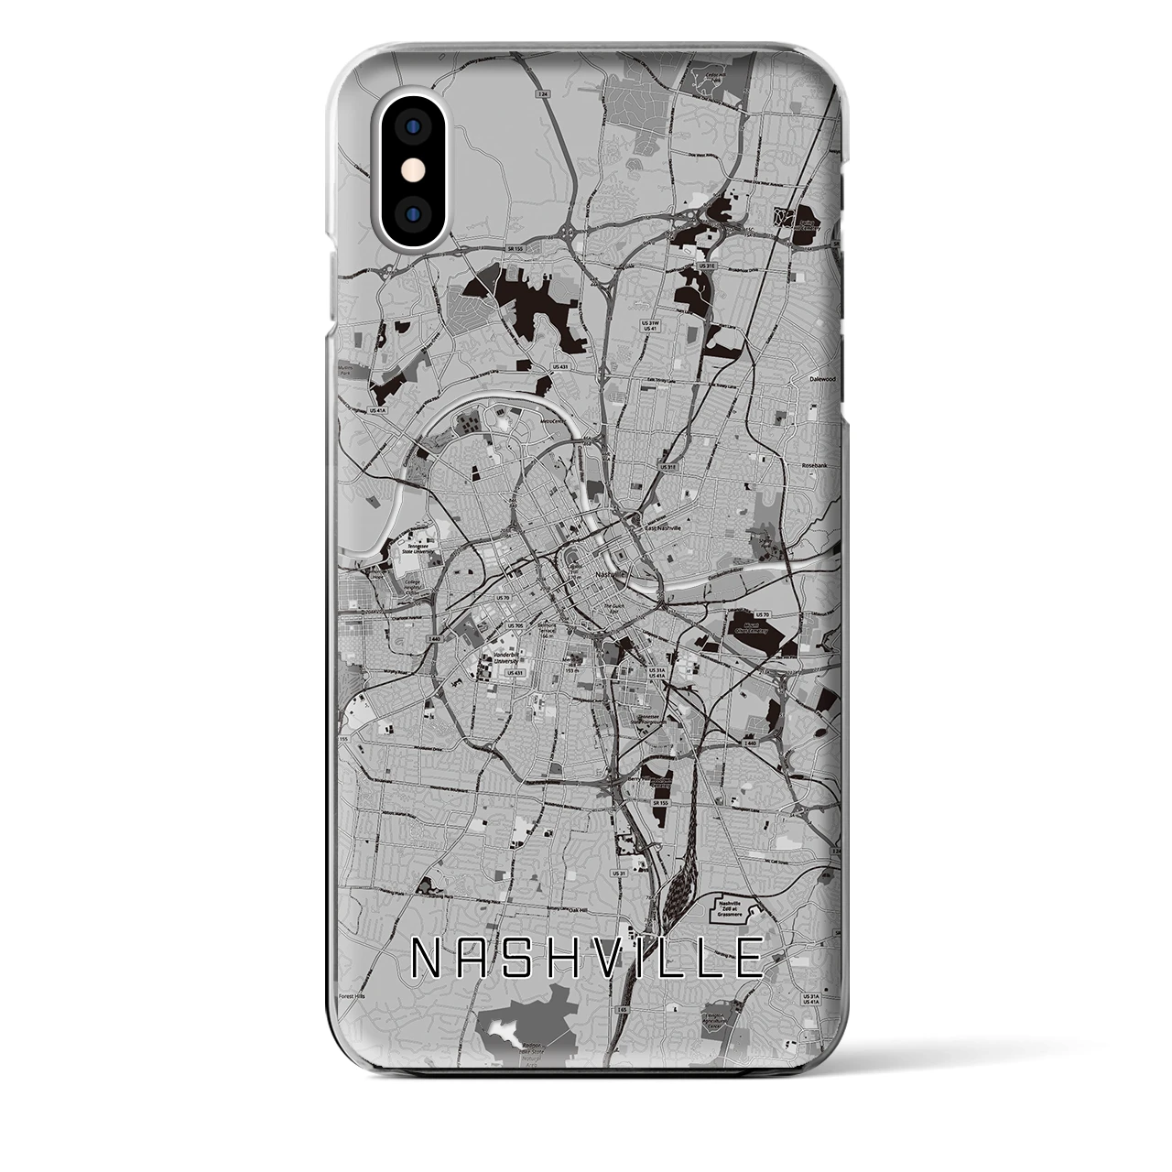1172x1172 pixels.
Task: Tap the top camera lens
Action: (x=414, y=125)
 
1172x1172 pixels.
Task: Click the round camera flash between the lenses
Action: (x=414, y=171)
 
